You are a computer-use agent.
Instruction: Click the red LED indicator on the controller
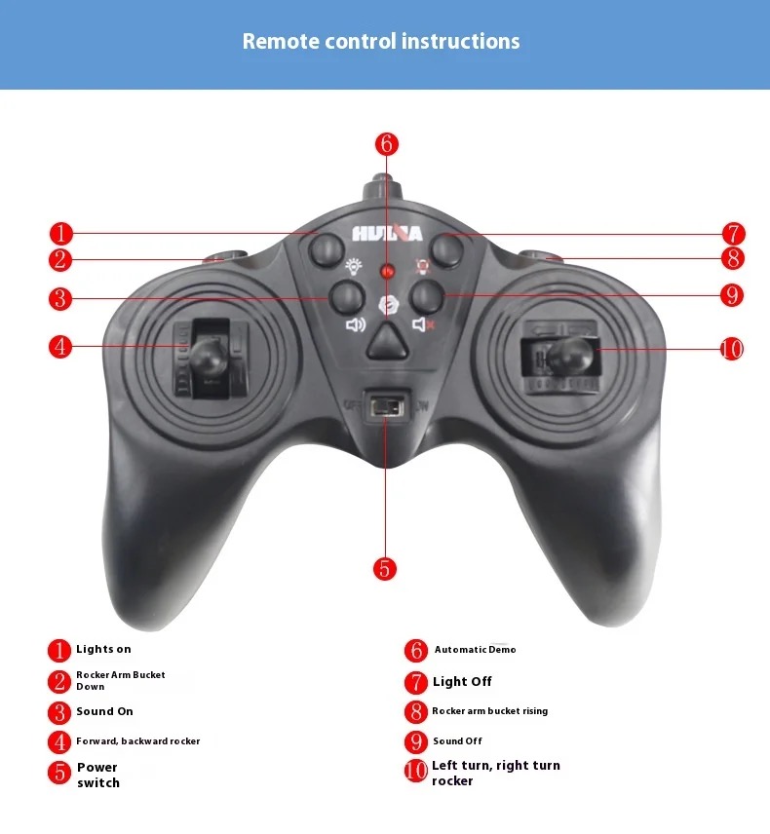click(x=387, y=271)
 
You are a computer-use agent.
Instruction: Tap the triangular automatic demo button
click(x=387, y=341)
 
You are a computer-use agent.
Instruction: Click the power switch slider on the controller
click(x=387, y=408)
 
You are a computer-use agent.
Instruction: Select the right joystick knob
click(x=570, y=356)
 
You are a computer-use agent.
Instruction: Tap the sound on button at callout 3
click(x=347, y=298)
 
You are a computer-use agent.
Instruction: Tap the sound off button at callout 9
click(x=427, y=296)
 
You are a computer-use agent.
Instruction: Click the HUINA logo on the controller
click(x=387, y=234)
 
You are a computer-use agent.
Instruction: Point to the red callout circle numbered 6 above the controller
click(x=387, y=144)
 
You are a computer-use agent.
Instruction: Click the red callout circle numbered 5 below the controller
click(x=385, y=569)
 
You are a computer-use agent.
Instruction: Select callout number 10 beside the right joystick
click(x=732, y=350)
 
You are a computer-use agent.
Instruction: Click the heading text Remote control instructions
click(x=381, y=42)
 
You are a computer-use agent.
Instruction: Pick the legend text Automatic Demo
click(x=476, y=650)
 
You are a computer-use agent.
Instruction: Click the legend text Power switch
click(x=97, y=775)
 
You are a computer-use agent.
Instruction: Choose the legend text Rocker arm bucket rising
click(x=489, y=711)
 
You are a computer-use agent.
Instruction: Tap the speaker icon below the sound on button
click(x=356, y=323)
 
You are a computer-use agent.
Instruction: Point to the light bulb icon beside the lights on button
click(x=354, y=266)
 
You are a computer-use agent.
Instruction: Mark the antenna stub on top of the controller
click(x=382, y=189)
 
